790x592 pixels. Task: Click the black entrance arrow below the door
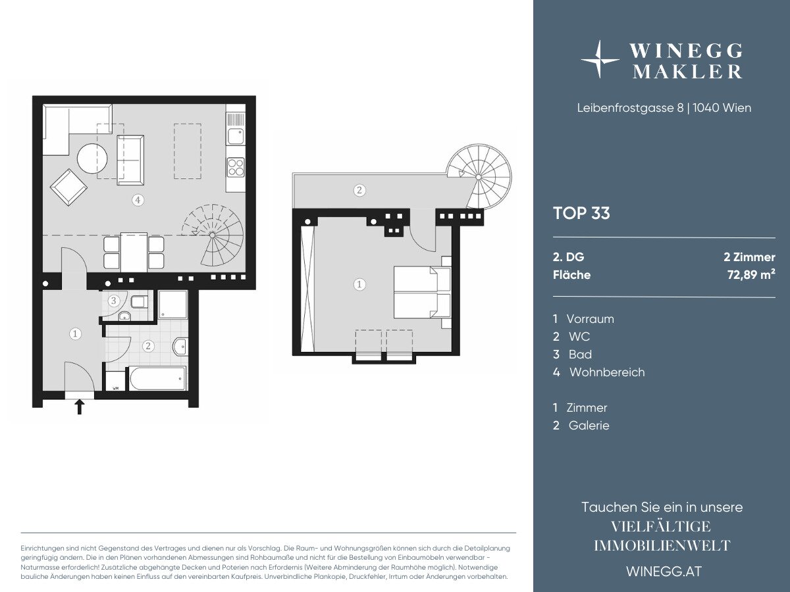[x=80, y=407]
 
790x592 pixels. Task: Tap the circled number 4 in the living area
[x=138, y=200]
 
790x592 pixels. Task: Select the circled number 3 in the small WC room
[x=114, y=301]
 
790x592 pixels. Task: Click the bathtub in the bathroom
[x=157, y=378]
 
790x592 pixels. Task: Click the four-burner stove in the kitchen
[x=236, y=168]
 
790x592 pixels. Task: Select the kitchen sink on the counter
[x=236, y=136]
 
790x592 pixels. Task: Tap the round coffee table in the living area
[x=92, y=159]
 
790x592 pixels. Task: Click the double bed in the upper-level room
[x=423, y=292]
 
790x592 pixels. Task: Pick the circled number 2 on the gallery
[x=359, y=190]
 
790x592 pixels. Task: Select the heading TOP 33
[x=581, y=213]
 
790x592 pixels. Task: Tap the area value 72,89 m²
[x=752, y=275]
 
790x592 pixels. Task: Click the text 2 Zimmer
[x=750, y=257]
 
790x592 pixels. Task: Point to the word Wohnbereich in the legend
[x=607, y=372]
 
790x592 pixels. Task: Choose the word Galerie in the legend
[x=589, y=425]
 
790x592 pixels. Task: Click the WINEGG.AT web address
[x=664, y=572]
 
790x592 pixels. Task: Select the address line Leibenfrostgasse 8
[x=630, y=108]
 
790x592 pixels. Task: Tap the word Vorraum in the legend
[x=591, y=319]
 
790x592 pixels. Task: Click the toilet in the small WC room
[x=139, y=302]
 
